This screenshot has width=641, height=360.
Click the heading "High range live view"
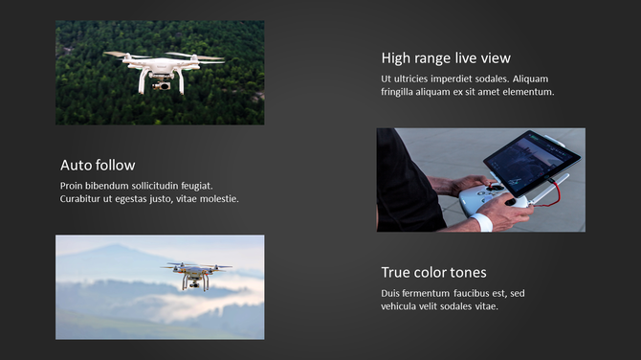pyautogui.click(x=446, y=58)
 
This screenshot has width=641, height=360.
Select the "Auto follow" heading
pyautogui.click(x=98, y=165)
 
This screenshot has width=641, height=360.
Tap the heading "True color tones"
pyautogui.click(x=433, y=273)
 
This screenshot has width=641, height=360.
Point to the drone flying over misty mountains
pyautogui.click(x=196, y=275)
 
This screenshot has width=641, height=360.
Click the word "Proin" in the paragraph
pyautogui.click(x=74, y=185)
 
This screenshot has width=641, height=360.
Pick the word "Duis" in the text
pyautogui.click(x=392, y=293)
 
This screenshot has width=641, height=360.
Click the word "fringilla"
pyautogui.click(x=402, y=92)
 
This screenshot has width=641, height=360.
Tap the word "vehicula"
pyautogui.click(x=403, y=306)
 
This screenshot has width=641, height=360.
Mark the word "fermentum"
pyautogui.click(x=438, y=293)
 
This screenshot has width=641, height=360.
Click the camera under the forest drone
pyautogui.click(x=164, y=86)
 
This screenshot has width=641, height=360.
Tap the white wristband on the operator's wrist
pyautogui.click(x=485, y=223)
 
